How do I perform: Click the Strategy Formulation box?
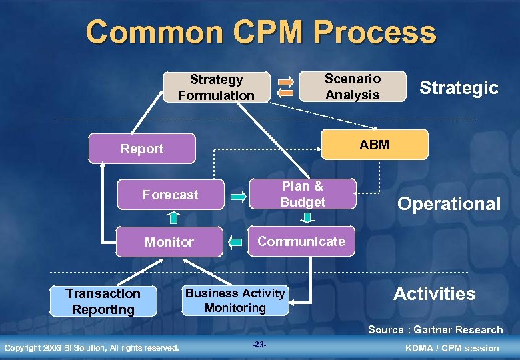click(x=216, y=87)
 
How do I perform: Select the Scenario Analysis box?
click(x=352, y=87)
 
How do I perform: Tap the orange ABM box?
click(x=374, y=145)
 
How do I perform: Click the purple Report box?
click(x=142, y=149)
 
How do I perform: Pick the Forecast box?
click(x=170, y=195)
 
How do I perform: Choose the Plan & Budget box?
click(x=303, y=194)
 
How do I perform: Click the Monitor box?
click(x=169, y=242)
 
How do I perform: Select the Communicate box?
click(x=301, y=241)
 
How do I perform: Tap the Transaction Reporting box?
click(x=103, y=301)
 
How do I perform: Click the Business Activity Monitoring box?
click(x=235, y=301)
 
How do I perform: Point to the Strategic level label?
click(x=459, y=87)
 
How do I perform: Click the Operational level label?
click(x=449, y=204)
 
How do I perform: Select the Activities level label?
click(x=434, y=294)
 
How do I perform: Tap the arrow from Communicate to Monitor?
click(x=235, y=241)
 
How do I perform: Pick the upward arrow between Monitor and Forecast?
click(x=173, y=217)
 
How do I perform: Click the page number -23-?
click(x=259, y=345)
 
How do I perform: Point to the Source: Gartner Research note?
click(x=435, y=329)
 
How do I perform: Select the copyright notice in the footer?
click(x=91, y=347)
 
